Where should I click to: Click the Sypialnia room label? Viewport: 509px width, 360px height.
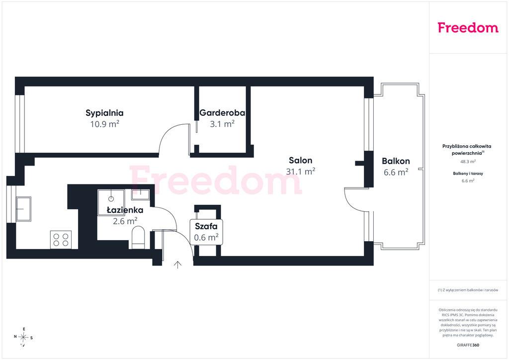click(104, 113)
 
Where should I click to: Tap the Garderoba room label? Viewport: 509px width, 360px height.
click(222, 113)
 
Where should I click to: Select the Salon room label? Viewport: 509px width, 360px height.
click(301, 161)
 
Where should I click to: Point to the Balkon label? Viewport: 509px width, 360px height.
click(396, 161)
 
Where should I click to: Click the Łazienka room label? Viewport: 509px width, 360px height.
click(125, 210)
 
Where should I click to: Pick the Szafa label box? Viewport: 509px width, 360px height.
click(206, 232)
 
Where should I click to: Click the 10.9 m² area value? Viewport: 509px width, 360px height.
click(104, 124)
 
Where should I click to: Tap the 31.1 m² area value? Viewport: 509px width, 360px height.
click(301, 171)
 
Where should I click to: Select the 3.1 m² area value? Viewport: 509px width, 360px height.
click(222, 124)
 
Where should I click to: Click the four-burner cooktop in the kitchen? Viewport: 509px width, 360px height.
click(61, 240)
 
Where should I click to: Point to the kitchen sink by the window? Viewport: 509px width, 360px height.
click(23, 209)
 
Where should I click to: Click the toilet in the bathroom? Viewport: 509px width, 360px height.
click(138, 237)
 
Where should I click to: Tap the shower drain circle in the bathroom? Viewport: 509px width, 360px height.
click(111, 199)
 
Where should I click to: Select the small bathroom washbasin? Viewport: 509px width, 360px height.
click(140, 195)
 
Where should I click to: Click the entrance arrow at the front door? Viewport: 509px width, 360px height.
click(177, 265)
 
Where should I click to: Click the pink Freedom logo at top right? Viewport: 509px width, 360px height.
click(468, 27)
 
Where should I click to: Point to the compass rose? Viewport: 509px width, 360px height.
click(23, 338)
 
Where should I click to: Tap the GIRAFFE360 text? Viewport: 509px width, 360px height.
click(468, 345)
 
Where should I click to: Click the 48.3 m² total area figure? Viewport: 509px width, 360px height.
click(468, 162)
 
